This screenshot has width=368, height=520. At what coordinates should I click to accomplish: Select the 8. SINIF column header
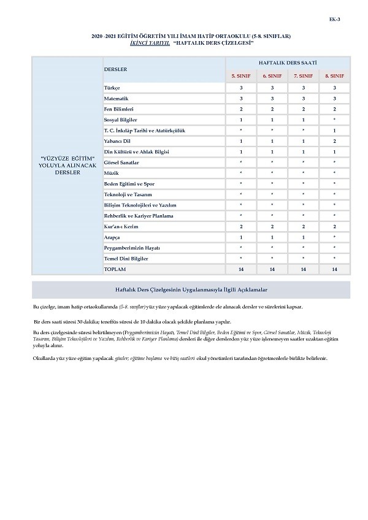(x=334, y=75)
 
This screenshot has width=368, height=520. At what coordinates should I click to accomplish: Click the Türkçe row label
(x=113, y=88)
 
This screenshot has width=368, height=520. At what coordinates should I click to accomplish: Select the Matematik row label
(x=117, y=98)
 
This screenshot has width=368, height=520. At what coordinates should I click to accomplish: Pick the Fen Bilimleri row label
(x=119, y=109)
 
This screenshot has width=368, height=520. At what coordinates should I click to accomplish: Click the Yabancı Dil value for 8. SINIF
(x=334, y=140)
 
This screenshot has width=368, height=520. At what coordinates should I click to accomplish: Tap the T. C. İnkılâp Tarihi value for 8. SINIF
(x=334, y=130)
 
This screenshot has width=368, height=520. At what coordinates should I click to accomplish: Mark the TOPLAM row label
(x=115, y=269)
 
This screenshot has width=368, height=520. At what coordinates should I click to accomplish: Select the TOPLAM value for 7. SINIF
(x=304, y=269)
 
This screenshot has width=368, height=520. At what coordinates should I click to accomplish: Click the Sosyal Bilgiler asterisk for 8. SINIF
(x=334, y=120)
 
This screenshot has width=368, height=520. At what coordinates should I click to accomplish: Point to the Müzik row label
(x=111, y=173)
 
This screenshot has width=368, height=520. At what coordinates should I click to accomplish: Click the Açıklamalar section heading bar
(x=191, y=289)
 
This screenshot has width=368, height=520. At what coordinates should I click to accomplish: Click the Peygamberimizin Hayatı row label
(x=132, y=247)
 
